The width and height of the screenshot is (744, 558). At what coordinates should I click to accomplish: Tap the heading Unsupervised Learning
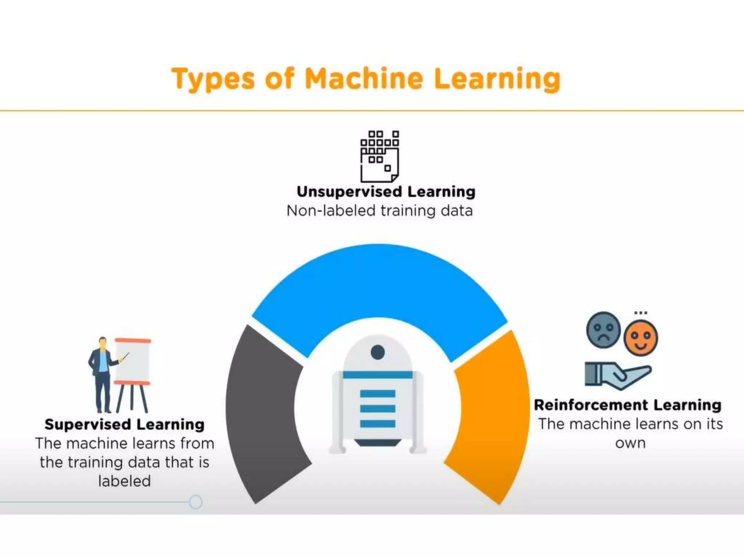point(386,191)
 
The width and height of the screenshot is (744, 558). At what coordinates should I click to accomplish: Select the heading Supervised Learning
point(124,424)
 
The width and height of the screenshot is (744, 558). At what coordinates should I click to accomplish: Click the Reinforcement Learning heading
point(627,405)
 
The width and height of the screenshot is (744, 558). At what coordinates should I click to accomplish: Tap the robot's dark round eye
point(378,352)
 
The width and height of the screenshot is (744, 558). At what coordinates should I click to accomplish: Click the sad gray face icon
point(603,330)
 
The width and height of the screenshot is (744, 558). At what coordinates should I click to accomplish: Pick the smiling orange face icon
point(640,338)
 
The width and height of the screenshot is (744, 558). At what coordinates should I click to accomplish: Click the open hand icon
point(618,375)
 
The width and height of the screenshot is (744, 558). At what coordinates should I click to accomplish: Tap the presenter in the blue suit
point(102,374)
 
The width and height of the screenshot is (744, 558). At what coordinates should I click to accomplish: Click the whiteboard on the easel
point(133,361)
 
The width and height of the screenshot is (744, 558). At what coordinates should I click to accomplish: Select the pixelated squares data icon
point(380,156)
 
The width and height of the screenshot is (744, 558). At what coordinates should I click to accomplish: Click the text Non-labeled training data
point(380,211)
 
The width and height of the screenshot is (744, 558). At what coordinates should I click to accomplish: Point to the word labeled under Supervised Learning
point(124,481)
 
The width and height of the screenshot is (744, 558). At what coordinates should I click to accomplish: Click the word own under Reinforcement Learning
point(630,443)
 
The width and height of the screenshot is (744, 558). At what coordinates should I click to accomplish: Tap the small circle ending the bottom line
point(196,502)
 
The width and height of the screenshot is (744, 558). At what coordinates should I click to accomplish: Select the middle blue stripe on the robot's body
point(378,408)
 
